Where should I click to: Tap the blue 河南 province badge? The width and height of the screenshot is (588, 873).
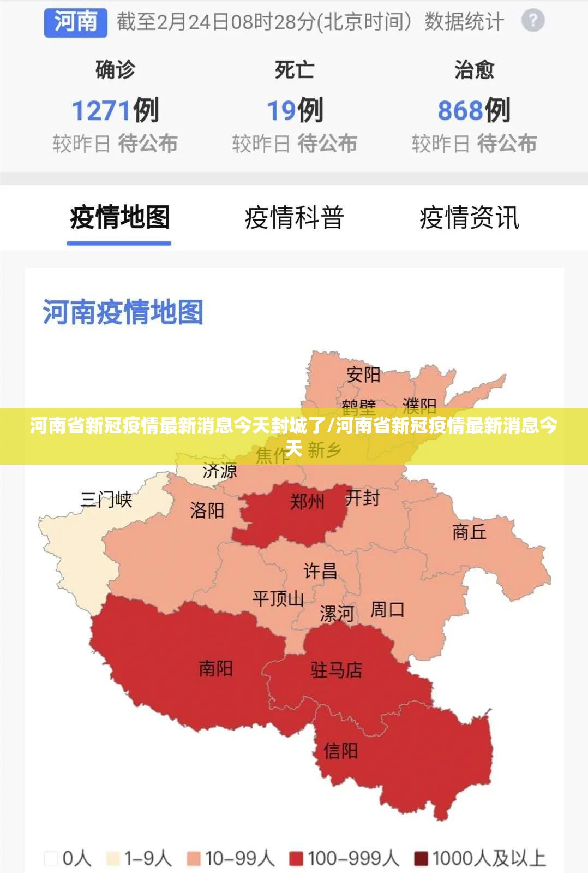click(75, 22)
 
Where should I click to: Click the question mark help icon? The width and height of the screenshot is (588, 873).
click(532, 21)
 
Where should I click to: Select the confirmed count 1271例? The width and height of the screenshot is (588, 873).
click(115, 110)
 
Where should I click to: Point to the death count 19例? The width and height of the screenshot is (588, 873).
click(295, 110)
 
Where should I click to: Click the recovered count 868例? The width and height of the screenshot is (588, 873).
click(474, 110)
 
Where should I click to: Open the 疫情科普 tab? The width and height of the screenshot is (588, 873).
click(294, 217)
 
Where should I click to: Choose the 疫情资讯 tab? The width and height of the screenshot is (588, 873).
click(469, 217)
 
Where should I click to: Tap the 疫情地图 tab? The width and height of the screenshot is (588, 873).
click(119, 217)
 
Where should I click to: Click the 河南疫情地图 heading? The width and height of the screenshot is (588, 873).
click(123, 312)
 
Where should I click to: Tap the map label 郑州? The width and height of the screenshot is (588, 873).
click(307, 501)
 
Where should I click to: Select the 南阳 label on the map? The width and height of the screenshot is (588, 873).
click(215, 668)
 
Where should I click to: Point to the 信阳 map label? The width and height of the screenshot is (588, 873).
click(340, 751)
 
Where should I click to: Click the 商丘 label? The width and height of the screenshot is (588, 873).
click(469, 532)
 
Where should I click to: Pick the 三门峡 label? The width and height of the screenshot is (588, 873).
click(106, 500)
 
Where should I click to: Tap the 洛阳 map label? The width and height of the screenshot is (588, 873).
click(207, 510)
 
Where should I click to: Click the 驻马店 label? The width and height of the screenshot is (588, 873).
click(337, 670)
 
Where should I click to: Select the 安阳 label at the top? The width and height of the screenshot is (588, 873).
click(363, 375)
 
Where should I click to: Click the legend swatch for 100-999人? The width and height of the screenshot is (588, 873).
click(296, 858)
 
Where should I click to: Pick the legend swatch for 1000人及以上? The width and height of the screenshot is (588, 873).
click(421, 858)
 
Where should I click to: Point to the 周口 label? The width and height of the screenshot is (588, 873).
click(387, 609)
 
